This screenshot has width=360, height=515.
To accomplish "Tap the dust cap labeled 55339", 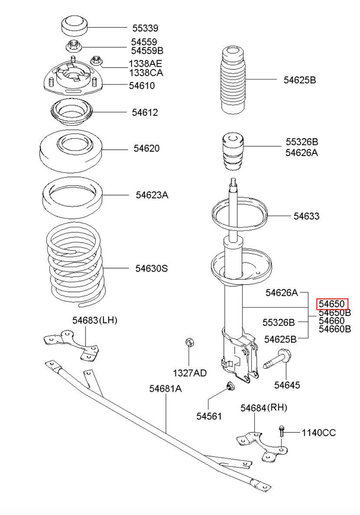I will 74,27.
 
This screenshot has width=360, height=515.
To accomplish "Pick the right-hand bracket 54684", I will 259,446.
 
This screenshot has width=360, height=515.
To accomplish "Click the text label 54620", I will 146,148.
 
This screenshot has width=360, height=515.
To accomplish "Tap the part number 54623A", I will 152,195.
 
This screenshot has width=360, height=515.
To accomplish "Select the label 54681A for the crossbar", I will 165,389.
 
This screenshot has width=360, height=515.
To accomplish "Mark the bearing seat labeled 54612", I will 71,114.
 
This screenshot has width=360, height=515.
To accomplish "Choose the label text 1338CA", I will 146,73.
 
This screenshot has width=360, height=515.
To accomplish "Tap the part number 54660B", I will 335,329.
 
